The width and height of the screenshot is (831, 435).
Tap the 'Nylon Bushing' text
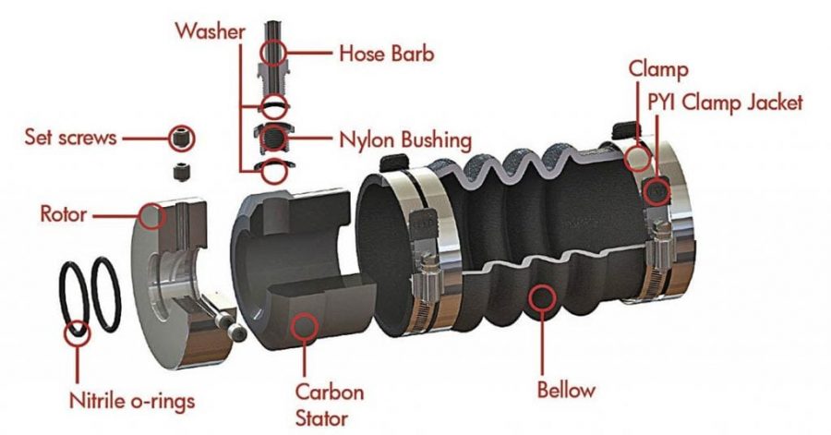tap(405, 139)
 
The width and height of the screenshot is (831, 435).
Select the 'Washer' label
tap(211, 31)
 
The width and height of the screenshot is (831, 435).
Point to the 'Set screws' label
tap(70, 138)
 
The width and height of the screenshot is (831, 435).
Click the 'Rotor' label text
tap(63, 214)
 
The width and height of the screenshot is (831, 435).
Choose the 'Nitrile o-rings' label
tap(132, 401)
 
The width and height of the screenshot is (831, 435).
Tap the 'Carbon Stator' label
tap(329, 405)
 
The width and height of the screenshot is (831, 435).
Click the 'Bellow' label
tap(566, 390)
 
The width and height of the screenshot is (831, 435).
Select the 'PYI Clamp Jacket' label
tap(725, 103)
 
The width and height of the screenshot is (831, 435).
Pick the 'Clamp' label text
tap(658, 69)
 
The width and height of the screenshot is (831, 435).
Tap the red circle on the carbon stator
tap(305, 325)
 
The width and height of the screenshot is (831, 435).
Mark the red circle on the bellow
tap(542, 297)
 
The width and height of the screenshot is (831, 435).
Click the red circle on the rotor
tap(152, 215)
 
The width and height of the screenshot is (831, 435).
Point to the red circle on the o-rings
tap(78, 332)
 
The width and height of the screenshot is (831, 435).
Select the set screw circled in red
tap(182, 139)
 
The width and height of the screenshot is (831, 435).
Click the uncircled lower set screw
tap(182, 171)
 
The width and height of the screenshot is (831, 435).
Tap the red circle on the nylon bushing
tap(274, 139)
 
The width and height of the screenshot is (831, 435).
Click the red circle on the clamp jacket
tap(657, 190)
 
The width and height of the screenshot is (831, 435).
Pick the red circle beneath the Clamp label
tap(637, 157)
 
